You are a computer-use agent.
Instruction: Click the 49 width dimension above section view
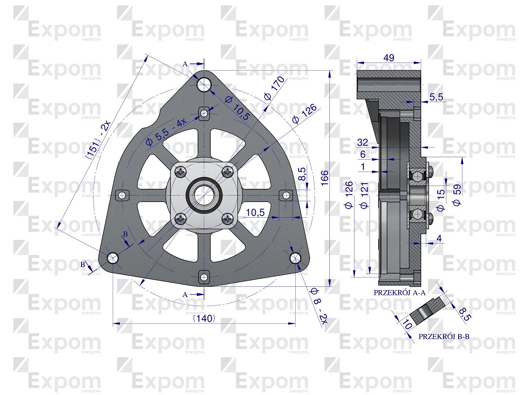pos(389,58)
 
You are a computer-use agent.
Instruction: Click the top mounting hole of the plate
pos(204,85)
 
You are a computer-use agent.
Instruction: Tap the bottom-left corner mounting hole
pos(112,258)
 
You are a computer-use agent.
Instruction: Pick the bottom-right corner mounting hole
pos(295,258)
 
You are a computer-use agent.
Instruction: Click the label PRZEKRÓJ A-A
pos(399,293)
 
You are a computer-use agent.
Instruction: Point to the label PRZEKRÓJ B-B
pos(443,336)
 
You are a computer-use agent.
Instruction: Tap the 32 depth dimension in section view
pos(362,142)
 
